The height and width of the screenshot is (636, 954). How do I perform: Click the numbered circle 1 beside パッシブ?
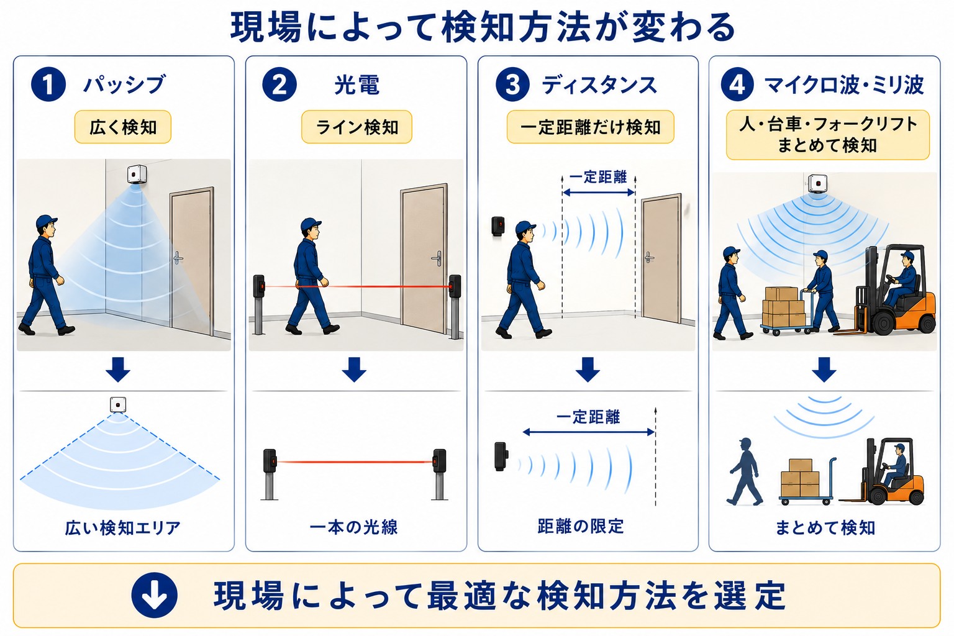coord(48,84)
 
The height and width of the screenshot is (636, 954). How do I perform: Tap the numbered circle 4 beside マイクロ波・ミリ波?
coord(737,84)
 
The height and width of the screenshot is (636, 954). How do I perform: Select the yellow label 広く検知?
coord(122,127)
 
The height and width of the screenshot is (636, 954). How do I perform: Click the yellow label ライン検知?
coord(357,127)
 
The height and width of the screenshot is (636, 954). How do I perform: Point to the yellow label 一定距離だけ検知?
coord(590,127)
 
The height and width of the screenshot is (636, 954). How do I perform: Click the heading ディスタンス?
coord(599,84)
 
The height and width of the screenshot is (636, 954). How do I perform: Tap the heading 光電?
coord(357,84)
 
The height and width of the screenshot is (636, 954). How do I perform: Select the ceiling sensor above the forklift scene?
coord(818,184)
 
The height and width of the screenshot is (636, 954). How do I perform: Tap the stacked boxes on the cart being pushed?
coord(783,306)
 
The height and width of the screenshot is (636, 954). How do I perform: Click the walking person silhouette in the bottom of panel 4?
coord(745,471)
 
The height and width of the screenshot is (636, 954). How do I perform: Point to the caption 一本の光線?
coord(353,527)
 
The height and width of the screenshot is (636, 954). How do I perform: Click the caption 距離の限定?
coord(581,527)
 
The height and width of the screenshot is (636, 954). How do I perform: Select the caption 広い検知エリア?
coord(122,528)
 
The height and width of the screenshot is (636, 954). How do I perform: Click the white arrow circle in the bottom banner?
coord(154,595)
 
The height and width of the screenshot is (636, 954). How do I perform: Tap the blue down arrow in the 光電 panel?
coord(354,370)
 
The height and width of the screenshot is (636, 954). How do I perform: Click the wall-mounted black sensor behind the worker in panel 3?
coord(498,226)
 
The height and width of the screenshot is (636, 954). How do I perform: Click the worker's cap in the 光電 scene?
coord(311,224)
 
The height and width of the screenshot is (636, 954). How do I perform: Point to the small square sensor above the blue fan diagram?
coord(118,404)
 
